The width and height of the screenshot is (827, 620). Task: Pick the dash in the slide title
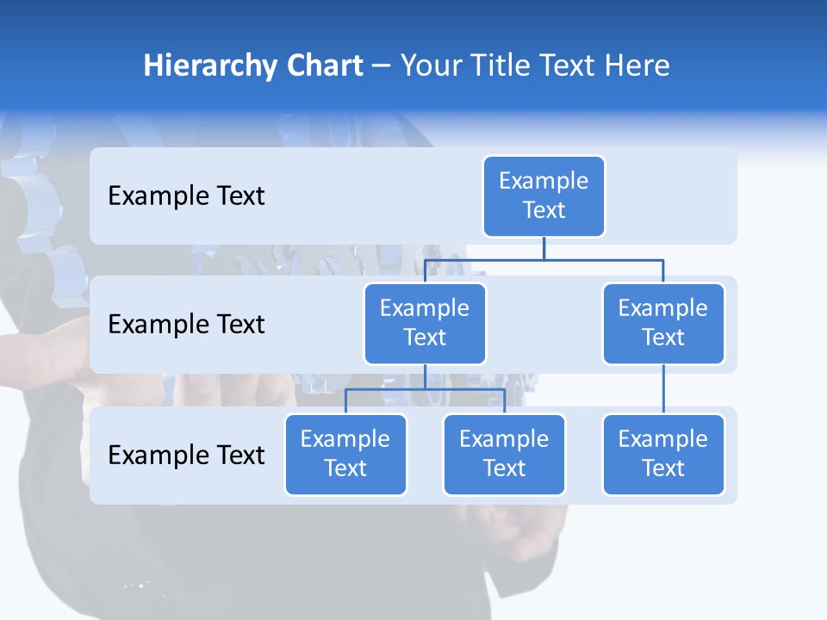(x=382, y=67)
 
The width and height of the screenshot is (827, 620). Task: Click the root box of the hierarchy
(x=544, y=195)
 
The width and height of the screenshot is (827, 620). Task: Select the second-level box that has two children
(x=425, y=323)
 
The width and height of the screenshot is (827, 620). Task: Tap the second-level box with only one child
(x=663, y=323)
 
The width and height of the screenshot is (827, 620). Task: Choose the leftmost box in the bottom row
(x=345, y=454)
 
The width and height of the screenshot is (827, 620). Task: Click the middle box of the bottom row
(x=504, y=454)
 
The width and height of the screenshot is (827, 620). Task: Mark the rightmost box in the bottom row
(x=663, y=454)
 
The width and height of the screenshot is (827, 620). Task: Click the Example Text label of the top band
(x=186, y=196)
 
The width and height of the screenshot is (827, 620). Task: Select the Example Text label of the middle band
(x=186, y=325)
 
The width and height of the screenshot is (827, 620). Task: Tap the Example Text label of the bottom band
(x=186, y=455)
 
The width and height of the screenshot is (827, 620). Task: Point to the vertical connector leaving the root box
(x=544, y=248)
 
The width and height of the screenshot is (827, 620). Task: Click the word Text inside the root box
(x=544, y=210)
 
